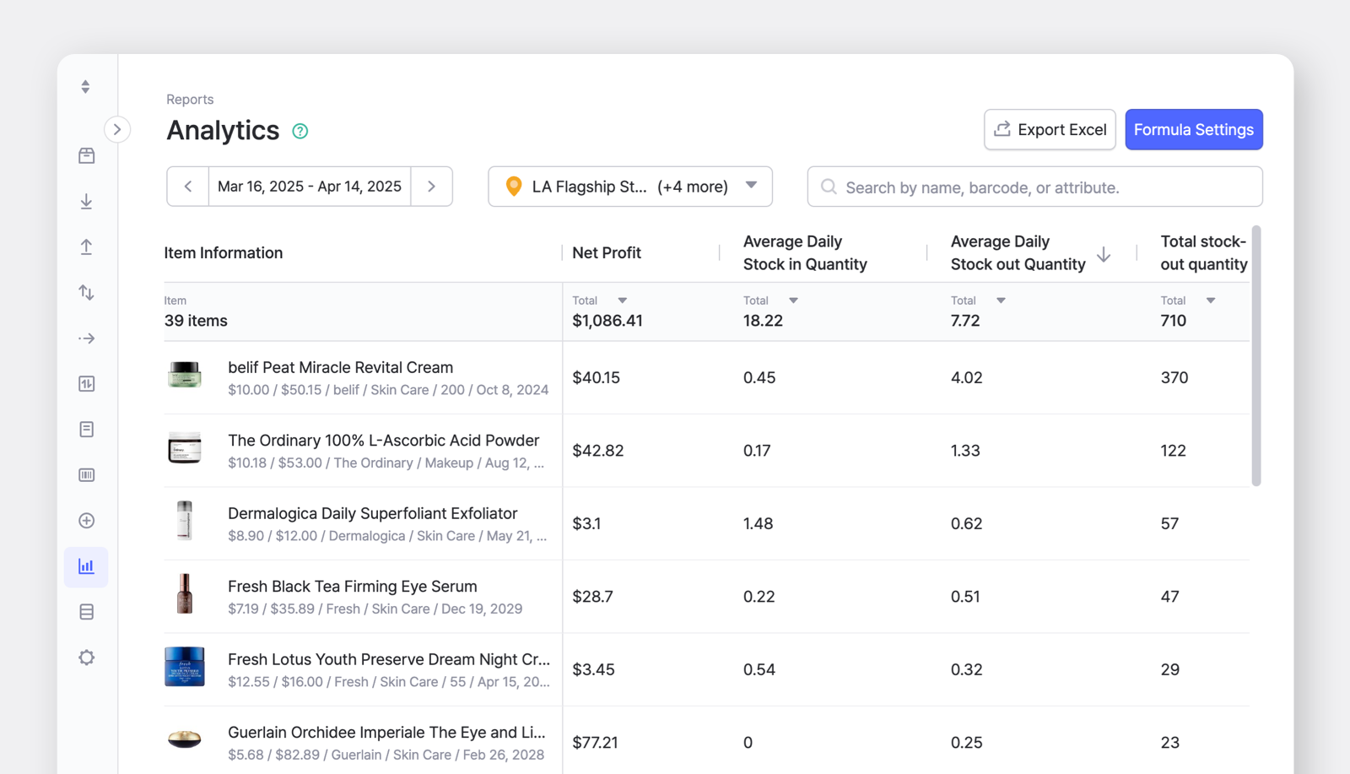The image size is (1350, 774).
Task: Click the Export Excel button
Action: tap(1050, 129)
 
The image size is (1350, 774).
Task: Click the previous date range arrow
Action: tap(188, 187)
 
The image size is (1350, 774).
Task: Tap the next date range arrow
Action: tap(431, 187)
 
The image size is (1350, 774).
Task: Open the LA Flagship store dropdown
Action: tap(629, 187)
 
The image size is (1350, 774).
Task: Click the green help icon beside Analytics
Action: tap(300, 131)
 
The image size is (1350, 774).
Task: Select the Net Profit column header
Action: tap(607, 252)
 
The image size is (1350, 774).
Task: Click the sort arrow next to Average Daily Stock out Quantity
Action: tap(1104, 254)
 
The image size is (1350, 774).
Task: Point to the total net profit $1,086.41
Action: tap(607, 321)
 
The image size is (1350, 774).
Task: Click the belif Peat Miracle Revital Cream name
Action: tap(340, 367)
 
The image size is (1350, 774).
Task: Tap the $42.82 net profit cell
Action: tap(598, 451)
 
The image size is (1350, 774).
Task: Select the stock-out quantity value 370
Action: tap(1174, 377)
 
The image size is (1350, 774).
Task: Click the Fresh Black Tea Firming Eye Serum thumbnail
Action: tap(185, 594)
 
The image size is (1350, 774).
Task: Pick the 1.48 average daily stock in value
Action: tap(758, 523)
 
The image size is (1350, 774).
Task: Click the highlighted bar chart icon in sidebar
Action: tap(86, 566)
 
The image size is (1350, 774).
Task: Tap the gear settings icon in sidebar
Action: tap(86, 658)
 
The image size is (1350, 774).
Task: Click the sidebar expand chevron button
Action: tap(117, 129)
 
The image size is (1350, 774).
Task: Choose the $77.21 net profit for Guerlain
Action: tap(595, 743)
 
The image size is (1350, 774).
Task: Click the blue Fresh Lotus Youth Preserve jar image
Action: tap(185, 667)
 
